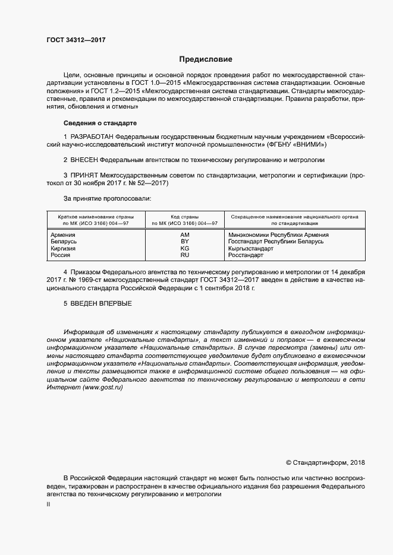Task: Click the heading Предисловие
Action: coord(206,59)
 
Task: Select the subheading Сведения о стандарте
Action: coord(100,123)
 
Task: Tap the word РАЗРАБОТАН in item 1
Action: coord(93,137)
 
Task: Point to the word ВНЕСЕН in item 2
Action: coord(84,160)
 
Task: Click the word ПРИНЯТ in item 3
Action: coord(84,176)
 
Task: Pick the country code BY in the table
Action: coord(184,242)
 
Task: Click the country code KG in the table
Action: coord(184,248)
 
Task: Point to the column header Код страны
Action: coord(184,217)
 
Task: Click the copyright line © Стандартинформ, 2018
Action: coord(325,462)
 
